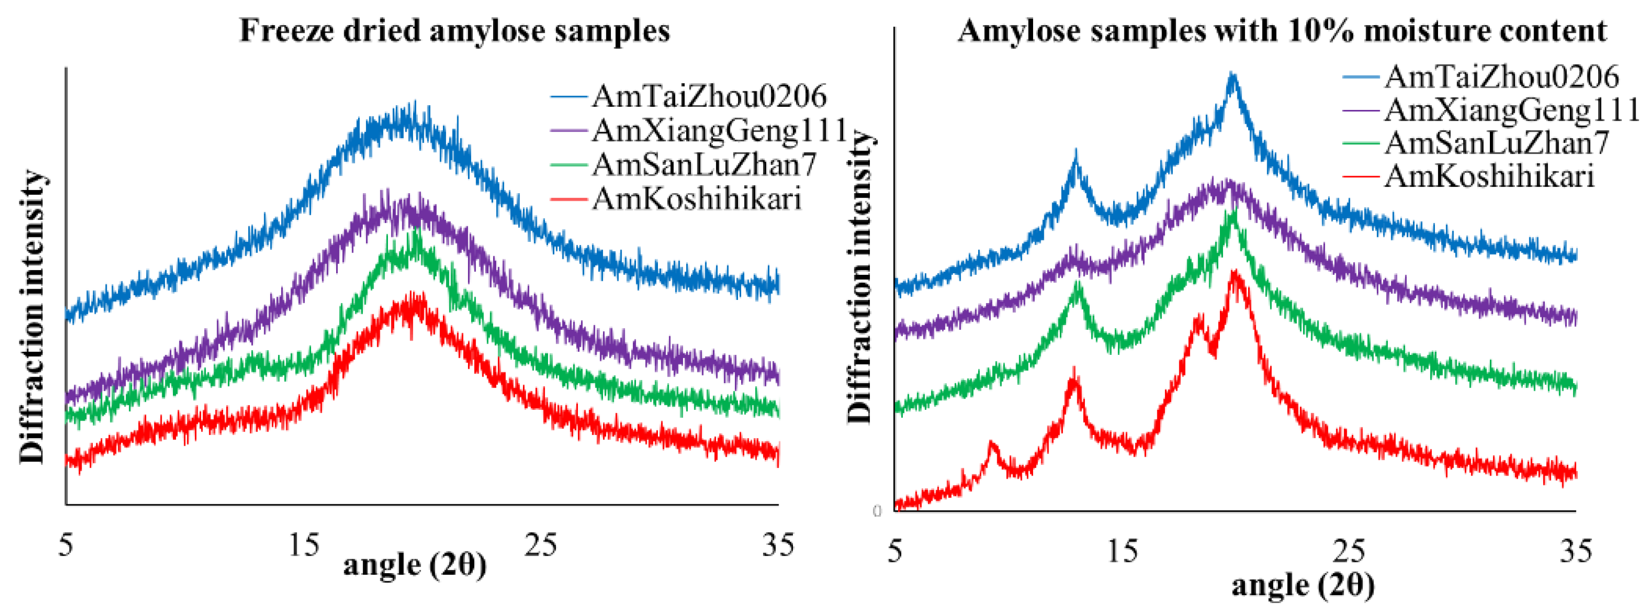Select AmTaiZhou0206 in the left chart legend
(x=708, y=97)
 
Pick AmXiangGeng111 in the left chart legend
(x=719, y=131)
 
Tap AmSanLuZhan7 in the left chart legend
(x=703, y=165)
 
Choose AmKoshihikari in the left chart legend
(x=696, y=199)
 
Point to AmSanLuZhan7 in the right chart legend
(x=1496, y=143)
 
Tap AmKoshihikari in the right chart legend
(x=1489, y=176)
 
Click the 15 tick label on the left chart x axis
(x=303, y=545)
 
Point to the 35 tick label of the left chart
(x=777, y=545)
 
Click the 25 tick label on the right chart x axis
(x=1348, y=551)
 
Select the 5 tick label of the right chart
(x=895, y=551)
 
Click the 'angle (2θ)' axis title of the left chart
(x=415, y=565)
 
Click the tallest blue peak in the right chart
(x=1232, y=77)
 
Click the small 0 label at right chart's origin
(x=877, y=511)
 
